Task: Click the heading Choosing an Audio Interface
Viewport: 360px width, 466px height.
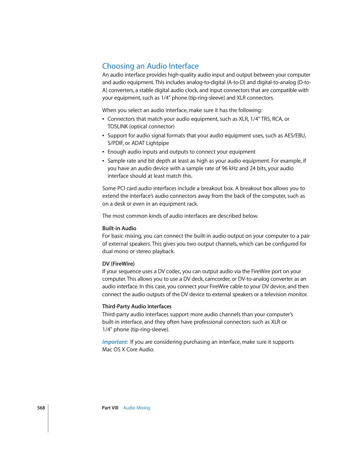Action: point(150,66)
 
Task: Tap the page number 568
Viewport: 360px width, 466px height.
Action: point(41,408)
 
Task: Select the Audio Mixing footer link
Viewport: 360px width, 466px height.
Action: point(136,408)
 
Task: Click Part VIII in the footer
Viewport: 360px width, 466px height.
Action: point(110,408)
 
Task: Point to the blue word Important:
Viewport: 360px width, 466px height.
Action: point(115,342)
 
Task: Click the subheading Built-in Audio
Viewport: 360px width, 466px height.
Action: point(119,228)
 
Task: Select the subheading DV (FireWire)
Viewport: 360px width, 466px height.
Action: point(118,264)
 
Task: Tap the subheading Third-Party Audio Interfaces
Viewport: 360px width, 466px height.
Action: point(137,306)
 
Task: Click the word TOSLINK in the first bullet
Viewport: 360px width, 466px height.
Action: point(118,126)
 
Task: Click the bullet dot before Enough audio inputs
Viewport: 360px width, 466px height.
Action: point(103,152)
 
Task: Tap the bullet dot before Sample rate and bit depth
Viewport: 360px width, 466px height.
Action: point(103,161)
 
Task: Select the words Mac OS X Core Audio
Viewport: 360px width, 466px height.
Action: point(128,349)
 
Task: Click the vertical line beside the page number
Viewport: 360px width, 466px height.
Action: point(48,418)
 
